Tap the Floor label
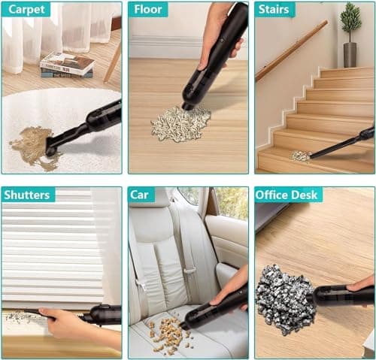point(148,10)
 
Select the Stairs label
point(275,10)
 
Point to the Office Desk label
point(288,195)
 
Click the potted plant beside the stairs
point(350,34)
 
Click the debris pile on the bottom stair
point(301,156)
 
